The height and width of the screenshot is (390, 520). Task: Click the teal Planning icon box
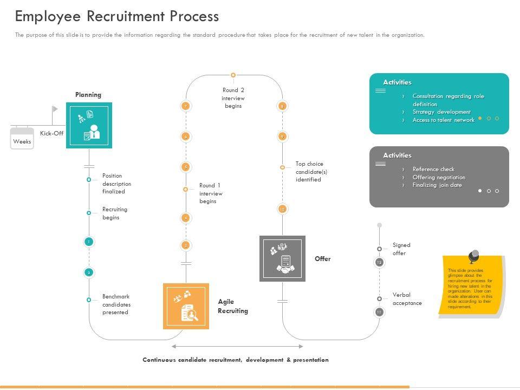(89, 125)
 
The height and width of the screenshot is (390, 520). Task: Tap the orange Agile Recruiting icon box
(186, 306)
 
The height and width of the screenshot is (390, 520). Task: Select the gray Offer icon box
(282, 258)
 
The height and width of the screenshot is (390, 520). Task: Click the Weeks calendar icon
(22, 138)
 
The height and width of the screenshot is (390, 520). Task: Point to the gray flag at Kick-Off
(55, 109)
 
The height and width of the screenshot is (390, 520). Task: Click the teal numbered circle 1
(89, 242)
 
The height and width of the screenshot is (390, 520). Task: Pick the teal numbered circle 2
(89, 272)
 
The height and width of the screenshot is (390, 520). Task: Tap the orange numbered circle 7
(186, 106)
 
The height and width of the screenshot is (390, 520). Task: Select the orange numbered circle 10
(282, 209)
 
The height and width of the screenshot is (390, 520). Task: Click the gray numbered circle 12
(379, 262)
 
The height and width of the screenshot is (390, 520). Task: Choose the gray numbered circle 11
(379, 312)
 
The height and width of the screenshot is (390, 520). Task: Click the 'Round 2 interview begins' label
(233, 98)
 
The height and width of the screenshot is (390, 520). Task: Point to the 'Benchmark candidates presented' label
(116, 304)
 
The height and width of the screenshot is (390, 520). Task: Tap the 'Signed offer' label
(401, 249)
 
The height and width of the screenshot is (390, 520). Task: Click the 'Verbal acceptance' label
(407, 299)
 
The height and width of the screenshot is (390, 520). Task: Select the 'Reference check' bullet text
(433, 169)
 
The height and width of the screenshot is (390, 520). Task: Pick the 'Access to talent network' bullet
(443, 120)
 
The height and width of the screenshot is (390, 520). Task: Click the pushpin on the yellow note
(474, 255)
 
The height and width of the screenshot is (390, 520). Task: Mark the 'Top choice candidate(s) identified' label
(311, 172)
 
